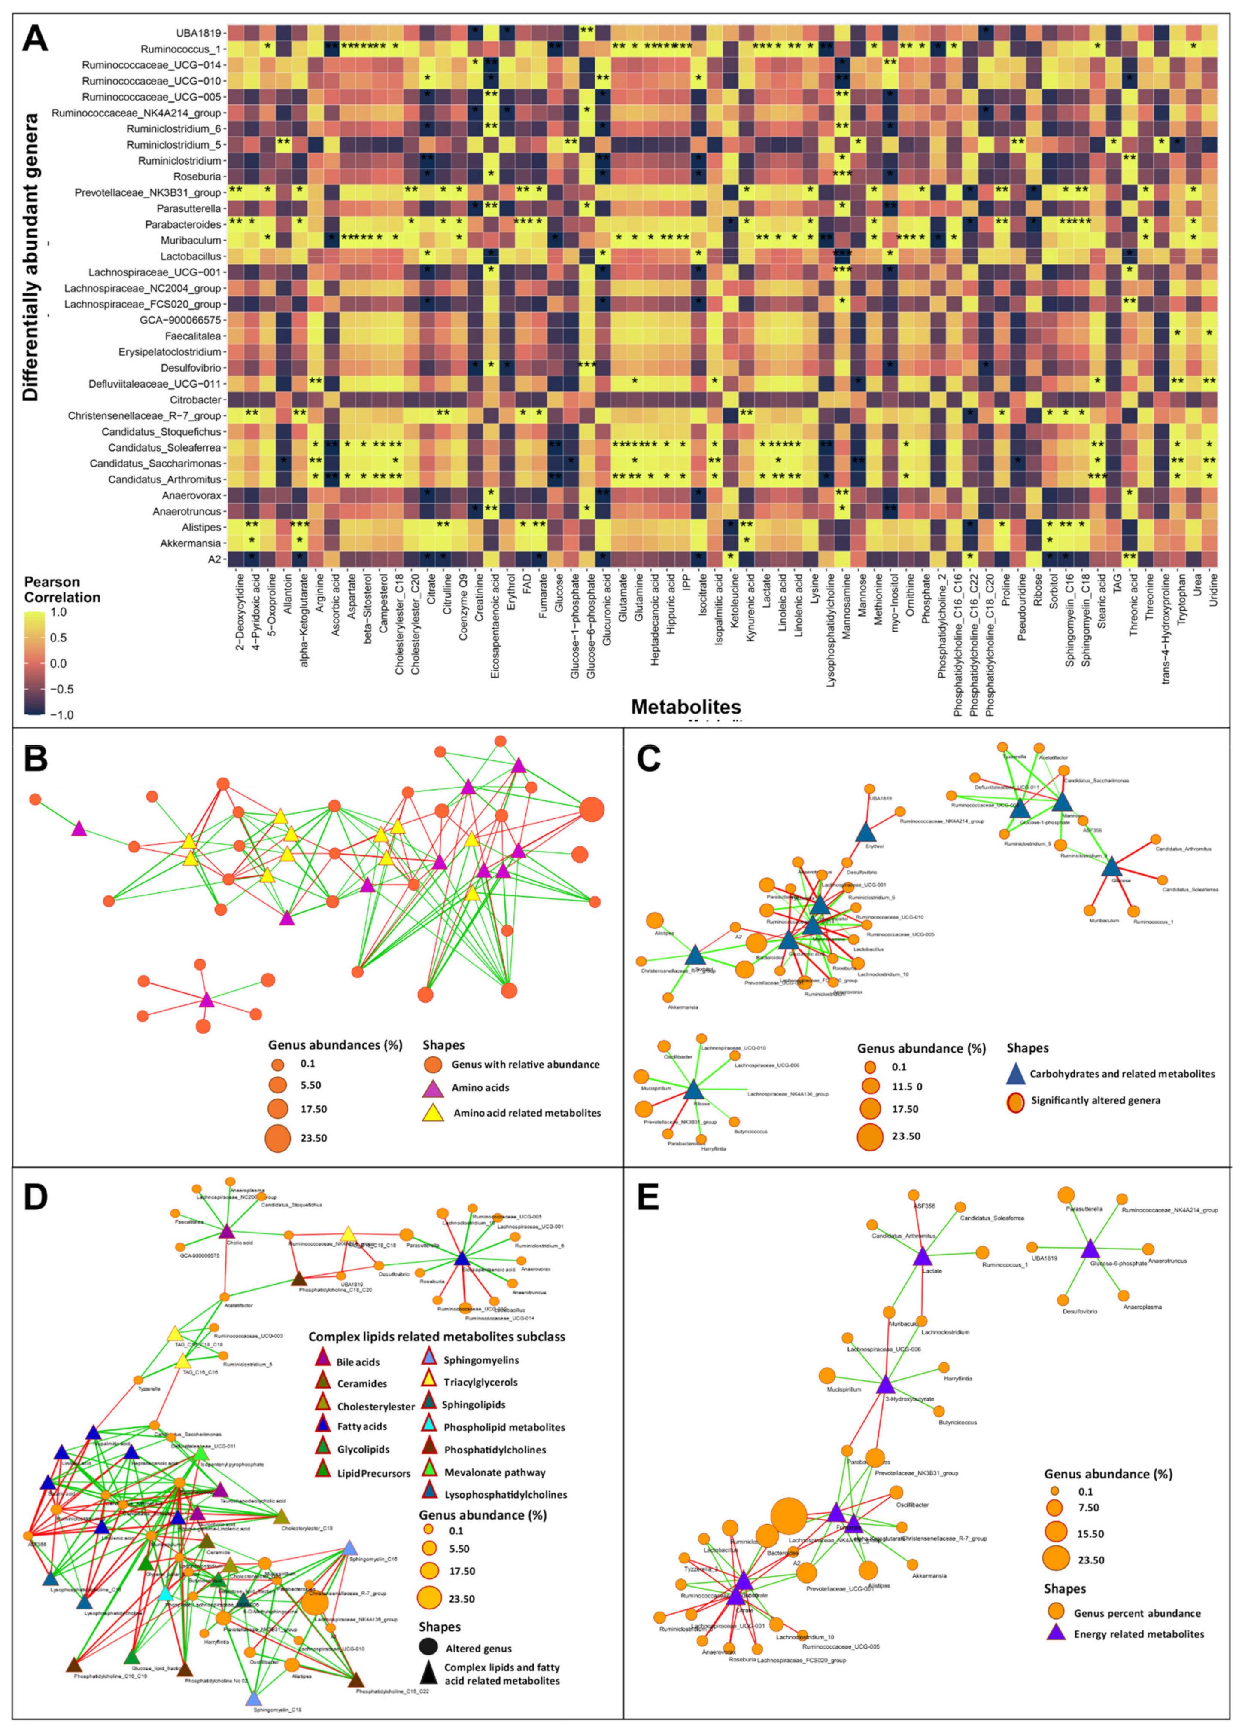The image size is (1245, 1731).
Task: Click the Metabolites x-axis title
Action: pos(685,707)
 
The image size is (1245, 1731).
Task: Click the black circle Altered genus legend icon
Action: pos(429,1649)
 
